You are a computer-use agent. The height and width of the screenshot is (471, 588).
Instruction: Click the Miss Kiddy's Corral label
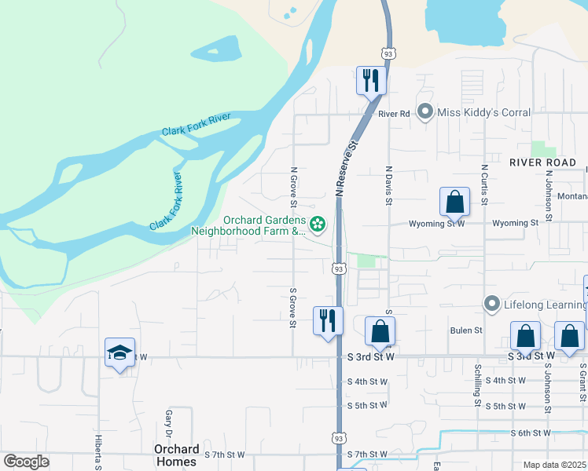pyautogui.click(x=483, y=113)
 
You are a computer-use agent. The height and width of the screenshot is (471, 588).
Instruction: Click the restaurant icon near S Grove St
pyautogui.click(x=327, y=320)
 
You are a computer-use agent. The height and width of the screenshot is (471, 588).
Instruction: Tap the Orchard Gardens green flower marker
pyautogui.click(x=318, y=226)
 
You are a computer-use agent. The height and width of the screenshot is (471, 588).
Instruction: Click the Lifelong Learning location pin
pyautogui.click(x=492, y=303)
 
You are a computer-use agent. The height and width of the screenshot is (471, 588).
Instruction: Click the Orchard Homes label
pyautogui.click(x=176, y=455)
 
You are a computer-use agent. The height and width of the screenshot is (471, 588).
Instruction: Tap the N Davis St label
pyautogui.click(x=388, y=185)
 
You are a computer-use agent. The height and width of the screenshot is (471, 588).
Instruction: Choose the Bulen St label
pyautogui.click(x=465, y=330)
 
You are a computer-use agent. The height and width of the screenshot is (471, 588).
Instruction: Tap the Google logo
pyautogui.click(x=27, y=462)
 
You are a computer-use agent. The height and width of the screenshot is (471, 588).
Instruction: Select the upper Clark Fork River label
pyautogui.click(x=197, y=124)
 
